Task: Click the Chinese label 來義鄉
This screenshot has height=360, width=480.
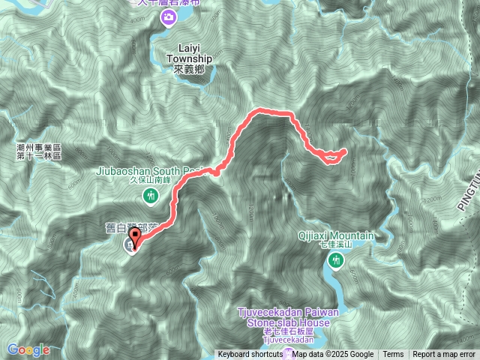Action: coord(188,69)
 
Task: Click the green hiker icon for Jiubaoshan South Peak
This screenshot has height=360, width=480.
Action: coord(150,196)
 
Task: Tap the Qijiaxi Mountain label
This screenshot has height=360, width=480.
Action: coord(335,235)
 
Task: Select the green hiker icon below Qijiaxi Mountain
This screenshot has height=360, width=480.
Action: coord(334,260)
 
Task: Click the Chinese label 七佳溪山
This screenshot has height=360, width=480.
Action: coord(335,244)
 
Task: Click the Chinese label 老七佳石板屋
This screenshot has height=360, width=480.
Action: coord(280,331)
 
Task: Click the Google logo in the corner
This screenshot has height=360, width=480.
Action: coord(28,349)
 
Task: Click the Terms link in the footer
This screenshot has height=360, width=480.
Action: coord(393,355)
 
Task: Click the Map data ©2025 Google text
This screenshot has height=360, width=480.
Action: coord(334,355)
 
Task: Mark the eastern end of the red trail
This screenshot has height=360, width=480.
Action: coord(344,151)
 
